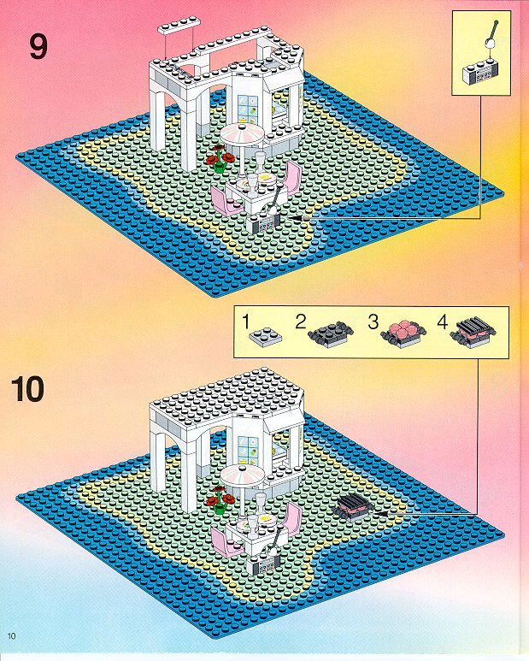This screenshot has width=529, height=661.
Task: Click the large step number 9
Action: click(38, 47)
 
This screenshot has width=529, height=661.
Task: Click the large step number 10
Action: click(27, 389)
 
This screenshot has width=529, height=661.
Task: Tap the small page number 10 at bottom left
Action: click(11, 635)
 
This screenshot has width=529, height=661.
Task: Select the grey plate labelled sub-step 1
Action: click(265, 337)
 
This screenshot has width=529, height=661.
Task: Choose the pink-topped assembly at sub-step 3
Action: click(402, 333)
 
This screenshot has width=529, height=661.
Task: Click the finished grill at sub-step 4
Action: click(473, 332)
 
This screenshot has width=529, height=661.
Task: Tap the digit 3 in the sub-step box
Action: click(373, 322)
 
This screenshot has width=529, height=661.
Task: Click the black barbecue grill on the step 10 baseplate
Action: click(353, 506)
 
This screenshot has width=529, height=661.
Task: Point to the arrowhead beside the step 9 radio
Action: click(296, 218)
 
